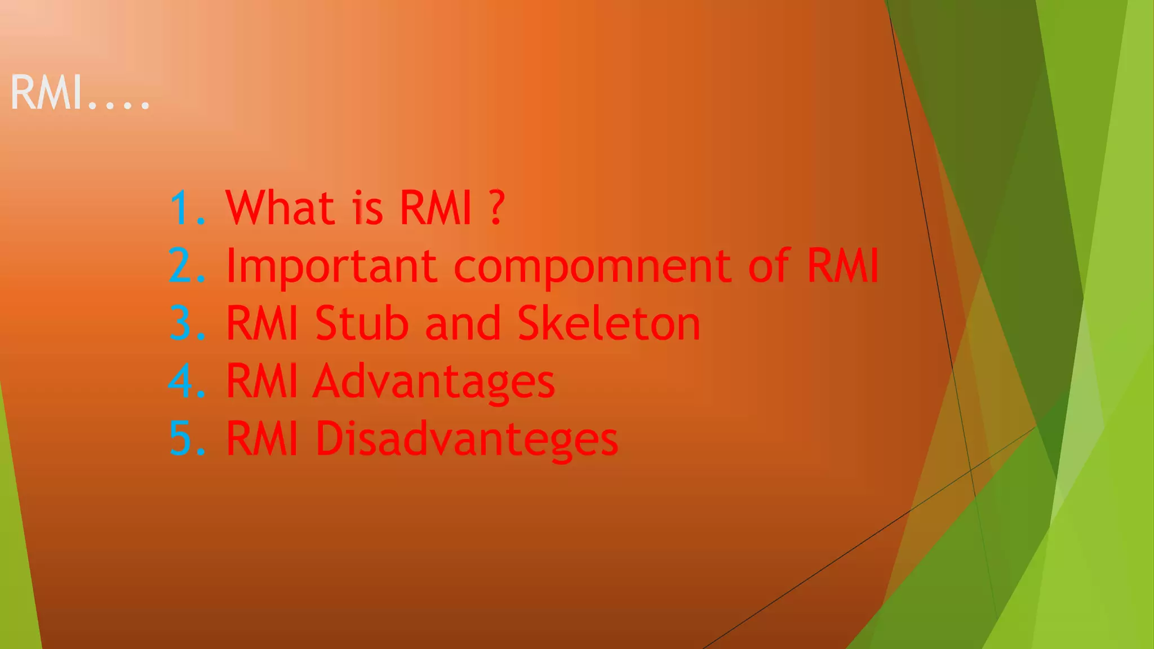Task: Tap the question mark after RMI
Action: pos(496,208)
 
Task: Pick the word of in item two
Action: pos(770,265)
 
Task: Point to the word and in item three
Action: pos(463,323)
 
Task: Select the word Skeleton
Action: pos(609,323)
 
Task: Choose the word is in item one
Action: pos(367,208)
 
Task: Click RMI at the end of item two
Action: pos(842,265)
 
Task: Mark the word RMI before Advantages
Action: pos(261,381)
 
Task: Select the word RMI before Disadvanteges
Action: pos(261,438)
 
